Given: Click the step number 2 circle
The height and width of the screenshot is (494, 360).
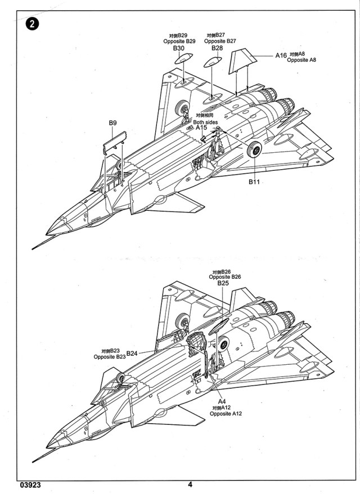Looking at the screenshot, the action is click(x=32, y=24).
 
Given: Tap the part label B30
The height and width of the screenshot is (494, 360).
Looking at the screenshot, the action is click(x=179, y=48).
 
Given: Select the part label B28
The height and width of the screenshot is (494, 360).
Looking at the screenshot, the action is click(x=217, y=48).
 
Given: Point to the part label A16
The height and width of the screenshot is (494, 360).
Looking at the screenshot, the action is click(x=281, y=56).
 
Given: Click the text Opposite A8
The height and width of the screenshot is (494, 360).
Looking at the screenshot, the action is click(x=301, y=60).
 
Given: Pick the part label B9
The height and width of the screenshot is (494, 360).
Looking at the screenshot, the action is click(x=112, y=123).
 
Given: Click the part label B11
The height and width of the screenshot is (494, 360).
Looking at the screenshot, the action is click(x=254, y=182).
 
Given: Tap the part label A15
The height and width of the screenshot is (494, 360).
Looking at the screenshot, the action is click(x=201, y=128).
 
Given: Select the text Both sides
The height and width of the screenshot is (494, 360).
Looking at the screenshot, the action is click(x=205, y=122).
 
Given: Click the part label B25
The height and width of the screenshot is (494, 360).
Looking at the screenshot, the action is click(x=223, y=283).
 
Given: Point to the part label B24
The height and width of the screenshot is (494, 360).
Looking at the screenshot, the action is click(x=132, y=353).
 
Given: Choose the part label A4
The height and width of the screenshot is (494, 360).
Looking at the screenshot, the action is click(x=222, y=401).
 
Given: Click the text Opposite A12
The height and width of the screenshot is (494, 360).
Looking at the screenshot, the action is click(x=226, y=414).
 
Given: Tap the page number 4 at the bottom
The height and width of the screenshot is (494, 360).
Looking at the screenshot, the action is click(x=190, y=484).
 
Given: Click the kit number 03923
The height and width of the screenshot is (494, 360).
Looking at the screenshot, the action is click(x=30, y=485).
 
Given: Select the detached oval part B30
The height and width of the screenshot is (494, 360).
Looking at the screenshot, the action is click(x=184, y=58).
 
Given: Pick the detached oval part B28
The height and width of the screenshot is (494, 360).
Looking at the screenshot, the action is click(x=212, y=62).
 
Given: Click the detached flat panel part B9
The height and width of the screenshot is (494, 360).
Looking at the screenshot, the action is click(x=115, y=143).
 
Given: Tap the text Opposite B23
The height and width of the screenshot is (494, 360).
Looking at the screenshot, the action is click(x=109, y=357).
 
